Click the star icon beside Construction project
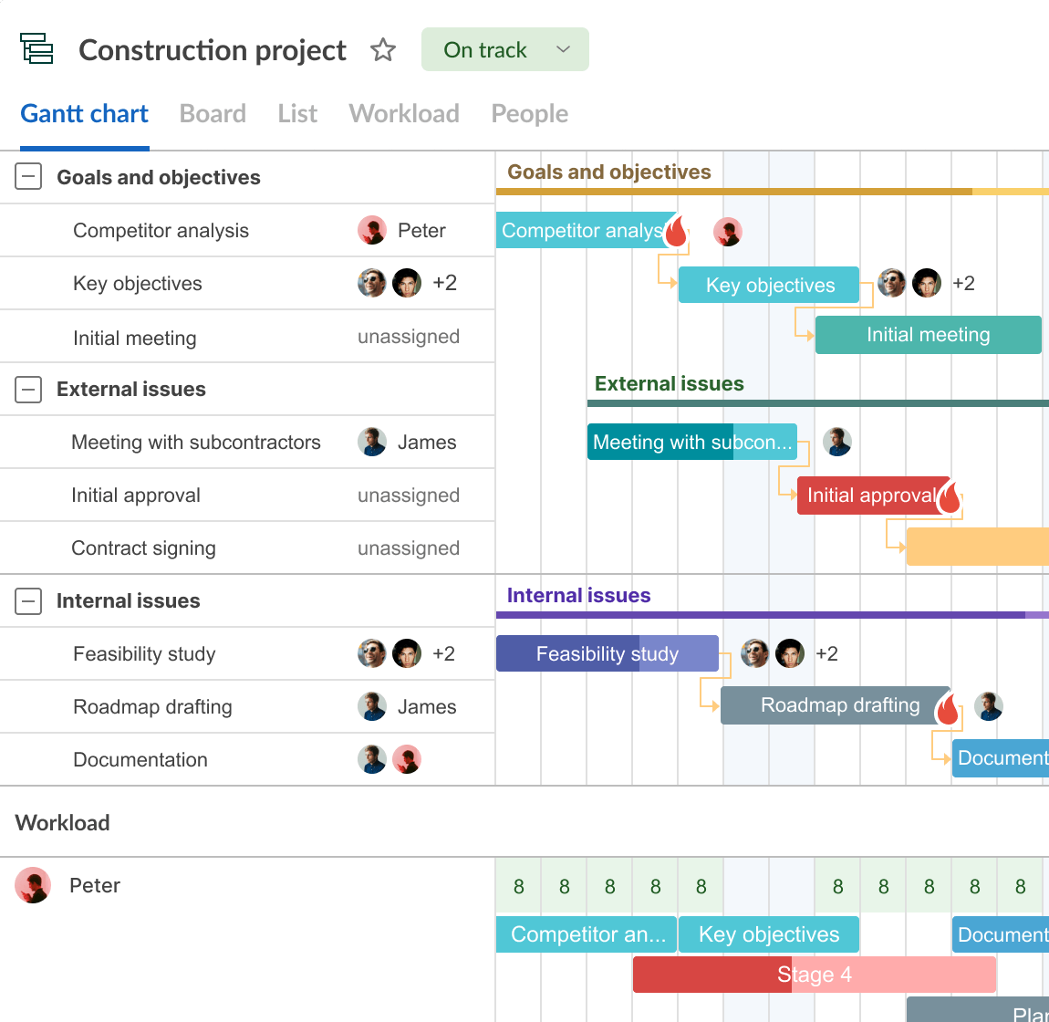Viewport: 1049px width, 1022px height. (x=383, y=49)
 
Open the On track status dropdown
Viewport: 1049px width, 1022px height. (x=505, y=49)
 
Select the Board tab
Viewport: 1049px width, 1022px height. (x=213, y=114)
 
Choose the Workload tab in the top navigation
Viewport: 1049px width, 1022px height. (x=404, y=114)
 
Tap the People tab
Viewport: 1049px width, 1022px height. (x=530, y=114)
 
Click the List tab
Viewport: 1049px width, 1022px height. (x=297, y=114)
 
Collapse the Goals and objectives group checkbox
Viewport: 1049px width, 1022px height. (x=28, y=177)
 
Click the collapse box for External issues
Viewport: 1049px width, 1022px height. (x=28, y=389)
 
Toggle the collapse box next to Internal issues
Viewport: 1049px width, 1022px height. (x=28, y=601)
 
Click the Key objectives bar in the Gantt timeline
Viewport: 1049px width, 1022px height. (x=769, y=285)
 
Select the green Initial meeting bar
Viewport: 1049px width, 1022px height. (x=928, y=335)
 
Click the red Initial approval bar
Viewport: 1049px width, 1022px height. (x=873, y=495)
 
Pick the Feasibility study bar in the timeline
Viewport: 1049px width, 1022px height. (x=608, y=653)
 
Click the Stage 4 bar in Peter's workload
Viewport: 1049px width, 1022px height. (x=815, y=975)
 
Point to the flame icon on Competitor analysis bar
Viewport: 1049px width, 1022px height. (x=676, y=231)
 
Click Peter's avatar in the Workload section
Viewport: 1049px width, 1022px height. (x=33, y=885)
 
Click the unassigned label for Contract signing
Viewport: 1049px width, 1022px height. (x=408, y=548)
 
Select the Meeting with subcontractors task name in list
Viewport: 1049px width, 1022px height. (x=196, y=443)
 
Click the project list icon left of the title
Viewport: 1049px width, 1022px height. (x=36, y=48)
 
